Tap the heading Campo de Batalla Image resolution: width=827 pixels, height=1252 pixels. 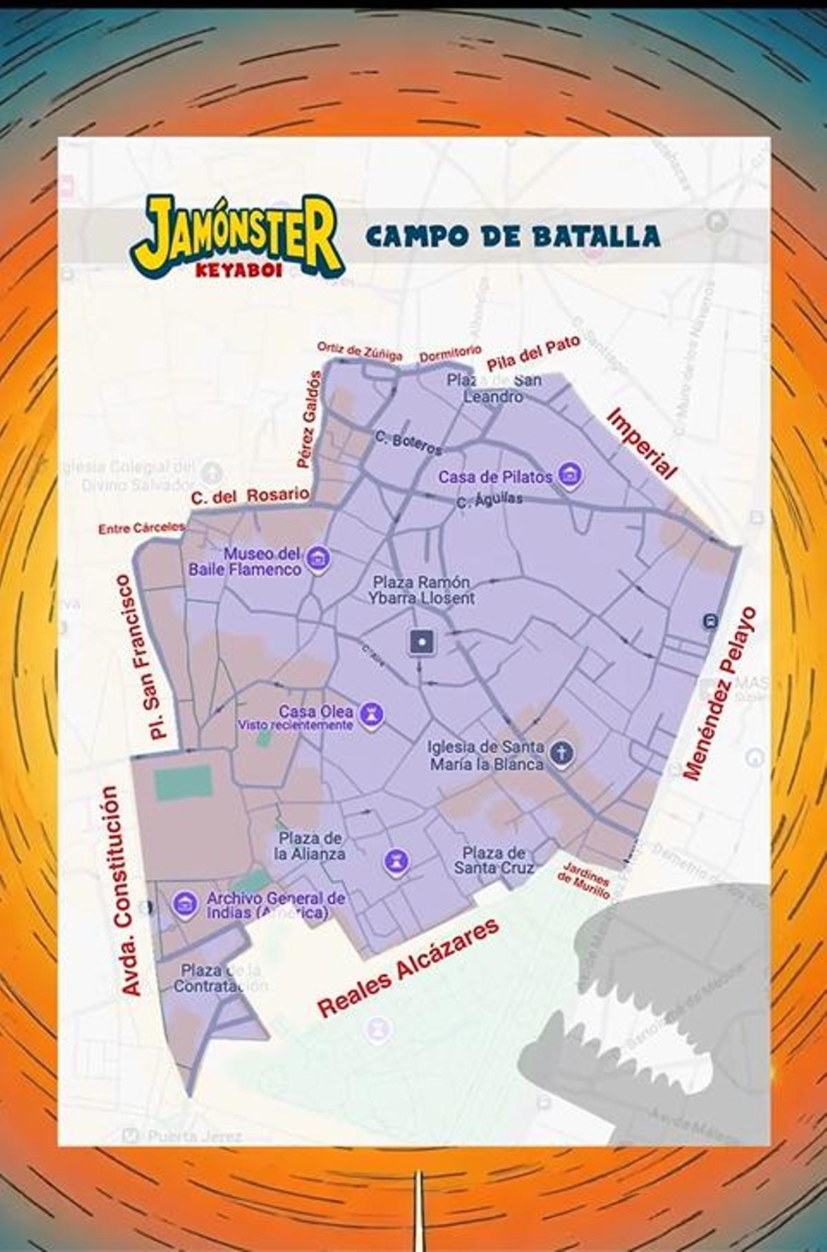[x=513, y=236]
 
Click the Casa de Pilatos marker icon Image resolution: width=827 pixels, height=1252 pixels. [x=570, y=474]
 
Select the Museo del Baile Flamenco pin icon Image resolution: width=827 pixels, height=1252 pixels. [x=317, y=558]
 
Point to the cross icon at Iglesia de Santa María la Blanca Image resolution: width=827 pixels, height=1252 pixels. [x=562, y=752]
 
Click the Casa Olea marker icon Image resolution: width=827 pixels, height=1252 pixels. [x=372, y=714]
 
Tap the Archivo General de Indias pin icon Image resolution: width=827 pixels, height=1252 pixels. [x=185, y=903]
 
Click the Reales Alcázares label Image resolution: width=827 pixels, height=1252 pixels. [x=408, y=969]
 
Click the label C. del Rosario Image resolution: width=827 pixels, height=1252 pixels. [x=249, y=496]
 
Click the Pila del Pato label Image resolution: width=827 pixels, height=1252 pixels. [x=533, y=353]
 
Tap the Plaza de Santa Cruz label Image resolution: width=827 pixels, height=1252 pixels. [x=493, y=860]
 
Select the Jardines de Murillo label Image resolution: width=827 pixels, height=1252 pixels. [x=584, y=880]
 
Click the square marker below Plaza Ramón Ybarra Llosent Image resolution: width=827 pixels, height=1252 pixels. [x=421, y=642]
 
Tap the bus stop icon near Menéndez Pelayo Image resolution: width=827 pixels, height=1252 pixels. [x=710, y=621]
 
